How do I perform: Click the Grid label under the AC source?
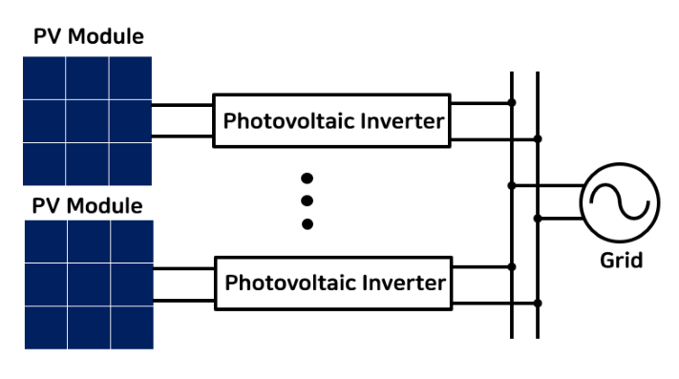(x=621, y=261)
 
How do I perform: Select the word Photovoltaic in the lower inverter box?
(x=291, y=283)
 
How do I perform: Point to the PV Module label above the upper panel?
(x=89, y=36)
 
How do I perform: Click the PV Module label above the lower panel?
(x=87, y=206)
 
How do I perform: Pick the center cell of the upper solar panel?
(x=87, y=121)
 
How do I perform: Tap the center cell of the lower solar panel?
(x=89, y=284)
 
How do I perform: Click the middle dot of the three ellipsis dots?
(x=307, y=200)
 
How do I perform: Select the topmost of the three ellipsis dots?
(x=307, y=179)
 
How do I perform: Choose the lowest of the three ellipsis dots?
(x=308, y=224)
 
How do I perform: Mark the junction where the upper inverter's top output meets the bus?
(x=512, y=102)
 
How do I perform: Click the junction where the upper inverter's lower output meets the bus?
(x=538, y=138)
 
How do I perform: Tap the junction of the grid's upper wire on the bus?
(x=512, y=185)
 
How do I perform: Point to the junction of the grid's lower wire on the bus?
(x=538, y=219)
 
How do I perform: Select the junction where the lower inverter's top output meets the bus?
(x=512, y=267)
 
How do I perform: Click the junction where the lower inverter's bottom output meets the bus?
(x=538, y=304)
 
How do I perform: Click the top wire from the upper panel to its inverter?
(x=182, y=105)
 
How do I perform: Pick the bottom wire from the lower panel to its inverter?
(x=184, y=301)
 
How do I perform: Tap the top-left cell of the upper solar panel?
(x=44, y=78)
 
